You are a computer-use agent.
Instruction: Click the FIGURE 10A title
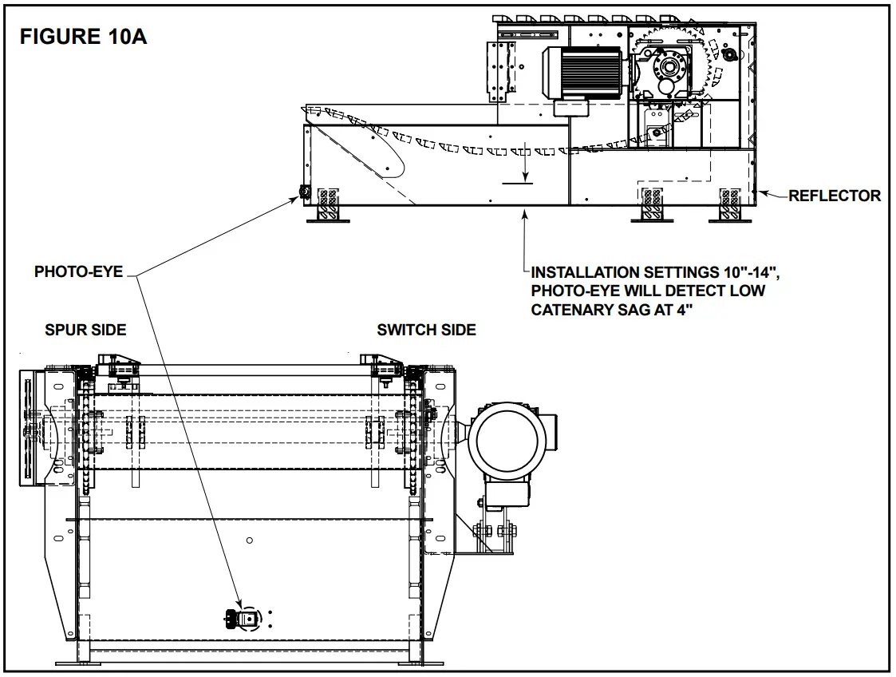click(x=83, y=37)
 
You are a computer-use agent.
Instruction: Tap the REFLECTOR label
click(x=835, y=196)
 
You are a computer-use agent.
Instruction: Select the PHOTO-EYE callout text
click(x=78, y=272)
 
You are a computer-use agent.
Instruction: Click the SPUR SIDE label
click(x=85, y=329)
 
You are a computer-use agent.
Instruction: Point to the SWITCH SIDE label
click(x=426, y=329)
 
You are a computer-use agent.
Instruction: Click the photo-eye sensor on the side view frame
click(x=304, y=192)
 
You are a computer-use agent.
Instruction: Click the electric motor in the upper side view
click(x=582, y=73)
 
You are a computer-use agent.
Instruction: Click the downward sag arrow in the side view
click(x=524, y=164)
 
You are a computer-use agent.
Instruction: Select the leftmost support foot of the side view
click(x=328, y=206)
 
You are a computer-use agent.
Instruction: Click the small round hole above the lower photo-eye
click(x=249, y=540)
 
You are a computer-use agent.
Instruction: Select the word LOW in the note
click(x=745, y=290)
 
